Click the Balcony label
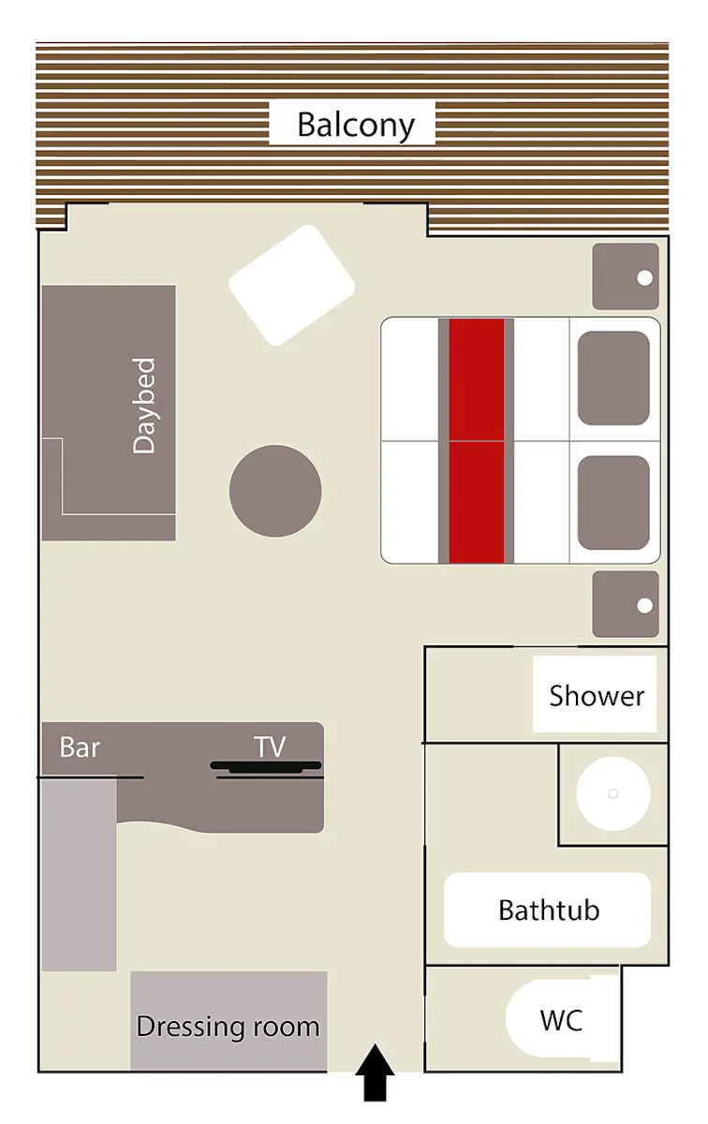click(356, 125)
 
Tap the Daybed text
click(144, 406)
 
